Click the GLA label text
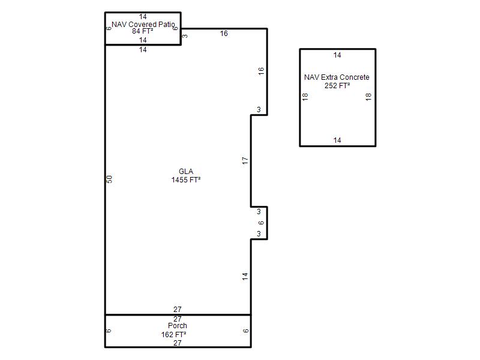186,172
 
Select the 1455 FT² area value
186,179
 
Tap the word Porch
177,326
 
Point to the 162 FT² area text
173,335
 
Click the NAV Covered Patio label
143,25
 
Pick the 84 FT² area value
143,31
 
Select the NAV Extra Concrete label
337,77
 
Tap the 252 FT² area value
337,86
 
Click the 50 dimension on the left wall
109,179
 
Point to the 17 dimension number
245,160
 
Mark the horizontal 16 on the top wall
224,34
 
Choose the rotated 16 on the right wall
261,71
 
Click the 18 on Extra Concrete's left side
305,97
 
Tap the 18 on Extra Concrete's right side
368,97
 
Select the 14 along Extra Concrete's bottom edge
337,140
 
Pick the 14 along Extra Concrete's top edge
337,55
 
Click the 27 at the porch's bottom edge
177,343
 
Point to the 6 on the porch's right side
245,331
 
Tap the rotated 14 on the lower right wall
245,277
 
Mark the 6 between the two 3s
261,223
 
